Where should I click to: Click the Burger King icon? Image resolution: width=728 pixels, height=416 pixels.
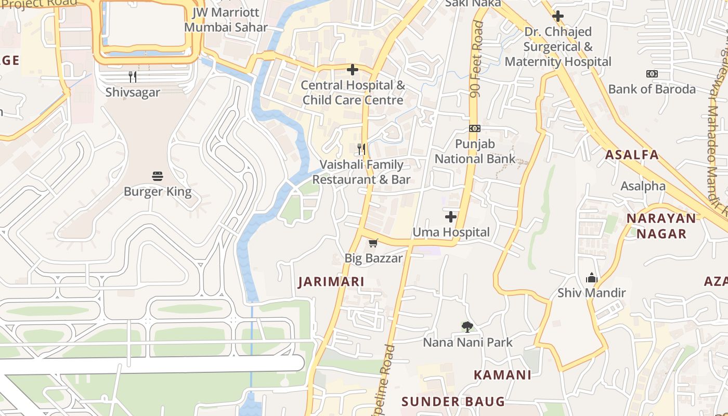(158, 176)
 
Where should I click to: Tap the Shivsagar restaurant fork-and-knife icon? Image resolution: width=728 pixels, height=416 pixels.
(133, 77)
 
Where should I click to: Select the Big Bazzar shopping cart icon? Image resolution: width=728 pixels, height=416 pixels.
(373, 243)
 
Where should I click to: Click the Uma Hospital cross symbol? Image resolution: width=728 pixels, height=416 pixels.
(451, 216)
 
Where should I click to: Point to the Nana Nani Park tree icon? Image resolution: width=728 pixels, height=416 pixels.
(467, 327)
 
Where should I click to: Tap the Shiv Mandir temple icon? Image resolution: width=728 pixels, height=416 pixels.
(591, 278)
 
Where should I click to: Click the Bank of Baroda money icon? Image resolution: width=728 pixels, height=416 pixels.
(652, 74)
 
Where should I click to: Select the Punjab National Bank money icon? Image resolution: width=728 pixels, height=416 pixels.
(474, 128)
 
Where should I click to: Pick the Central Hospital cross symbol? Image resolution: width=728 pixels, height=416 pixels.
(353, 69)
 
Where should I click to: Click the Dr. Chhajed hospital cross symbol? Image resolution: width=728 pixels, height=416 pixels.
(558, 16)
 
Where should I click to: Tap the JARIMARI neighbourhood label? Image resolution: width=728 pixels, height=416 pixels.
(331, 282)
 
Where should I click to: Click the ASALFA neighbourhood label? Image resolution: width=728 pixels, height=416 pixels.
(632, 154)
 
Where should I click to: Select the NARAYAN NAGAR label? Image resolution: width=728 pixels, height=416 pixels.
(661, 226)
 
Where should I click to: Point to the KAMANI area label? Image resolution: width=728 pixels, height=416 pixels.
(502, 375)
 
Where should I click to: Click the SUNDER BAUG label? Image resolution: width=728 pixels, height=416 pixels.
(453, 401)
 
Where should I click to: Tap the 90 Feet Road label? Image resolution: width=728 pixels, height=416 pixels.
(476, 60)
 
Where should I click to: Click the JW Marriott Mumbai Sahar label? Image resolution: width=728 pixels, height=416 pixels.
(226, 20)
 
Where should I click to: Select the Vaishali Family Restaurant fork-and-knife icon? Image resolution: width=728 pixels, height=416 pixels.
(361, 149)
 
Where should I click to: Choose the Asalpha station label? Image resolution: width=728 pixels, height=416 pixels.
(643, 186)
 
